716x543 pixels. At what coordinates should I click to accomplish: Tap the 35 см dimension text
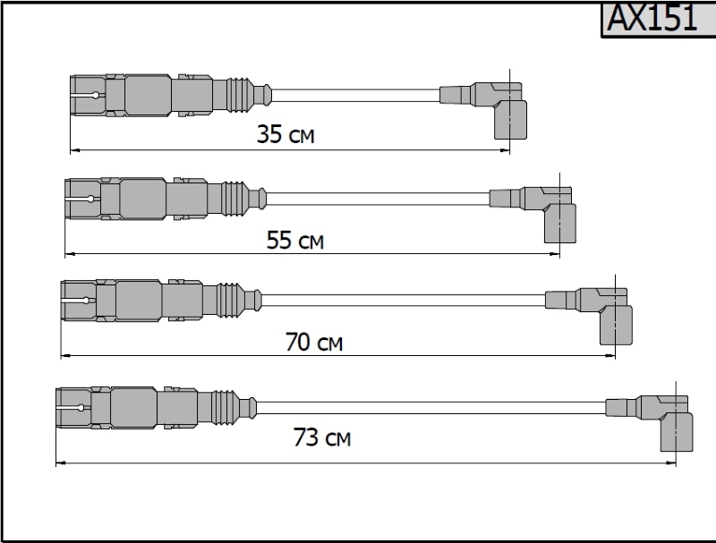coord(286,134)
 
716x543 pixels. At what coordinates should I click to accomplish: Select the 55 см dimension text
coord(295,240)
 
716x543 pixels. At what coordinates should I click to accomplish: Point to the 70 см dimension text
coord(314,342)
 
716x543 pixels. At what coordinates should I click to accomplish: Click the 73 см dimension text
coord(322,437)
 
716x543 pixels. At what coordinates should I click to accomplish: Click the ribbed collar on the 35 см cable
coord(239,95)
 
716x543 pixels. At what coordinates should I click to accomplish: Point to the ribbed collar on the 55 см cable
coord(234,199)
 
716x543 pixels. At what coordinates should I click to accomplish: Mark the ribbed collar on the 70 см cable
coord(229,300)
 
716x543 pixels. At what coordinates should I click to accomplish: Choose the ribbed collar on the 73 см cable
coord(225,408)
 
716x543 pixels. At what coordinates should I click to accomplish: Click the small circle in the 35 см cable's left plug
coord(96,95)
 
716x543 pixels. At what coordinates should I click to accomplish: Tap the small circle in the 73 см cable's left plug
coord(81,408)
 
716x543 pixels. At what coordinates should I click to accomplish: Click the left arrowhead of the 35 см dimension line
coord(75,149)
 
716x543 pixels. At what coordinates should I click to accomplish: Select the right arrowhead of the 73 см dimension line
coord(670,462)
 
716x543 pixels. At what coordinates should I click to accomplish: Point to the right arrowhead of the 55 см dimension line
coord(555,254)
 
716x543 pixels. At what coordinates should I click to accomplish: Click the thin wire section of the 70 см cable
coord(404,301)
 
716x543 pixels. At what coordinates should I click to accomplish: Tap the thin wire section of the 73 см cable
coord(431,408)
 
